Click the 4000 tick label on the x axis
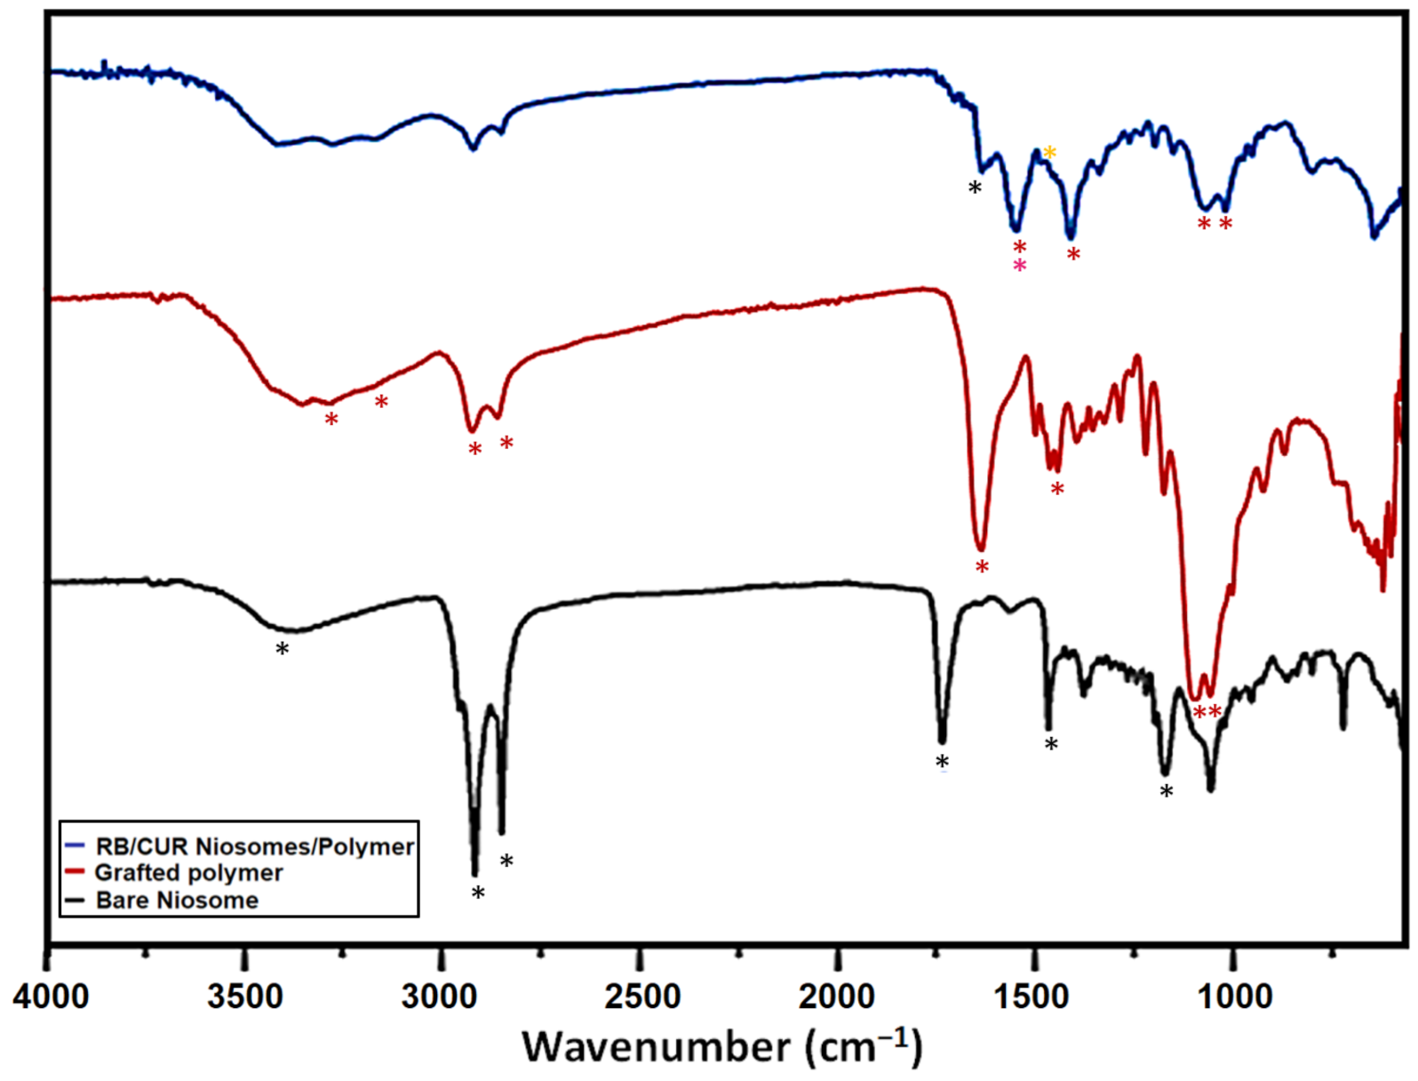[51, 997]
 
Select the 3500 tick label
[245, 997]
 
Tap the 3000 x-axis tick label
[441, 997]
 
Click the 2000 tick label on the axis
[836, 997]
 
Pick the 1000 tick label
[1233, 997]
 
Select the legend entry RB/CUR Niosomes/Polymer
[254, 846]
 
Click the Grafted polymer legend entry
[188, 873]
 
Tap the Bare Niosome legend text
[177, 901]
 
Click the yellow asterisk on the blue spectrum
[1050, 153]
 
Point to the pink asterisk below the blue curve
[1020, 266]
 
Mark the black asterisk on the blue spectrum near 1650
[976, 188]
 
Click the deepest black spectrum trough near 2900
[474, 871]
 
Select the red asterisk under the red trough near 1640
[982, 567]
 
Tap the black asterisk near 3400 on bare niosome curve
[283, 650]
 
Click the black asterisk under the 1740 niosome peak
[943, 763]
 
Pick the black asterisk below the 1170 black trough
[1167, 792]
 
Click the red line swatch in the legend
[76, 872]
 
